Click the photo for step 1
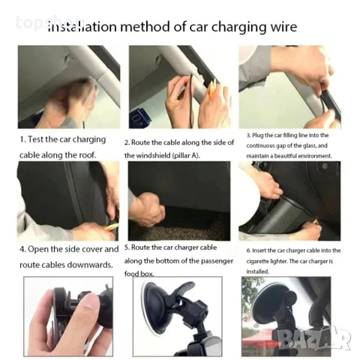coord(68,86)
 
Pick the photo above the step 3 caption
coord(289,86)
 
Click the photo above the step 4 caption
coord(68,200)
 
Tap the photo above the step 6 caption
coord(289,200)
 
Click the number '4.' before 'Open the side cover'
coord(23,249)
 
